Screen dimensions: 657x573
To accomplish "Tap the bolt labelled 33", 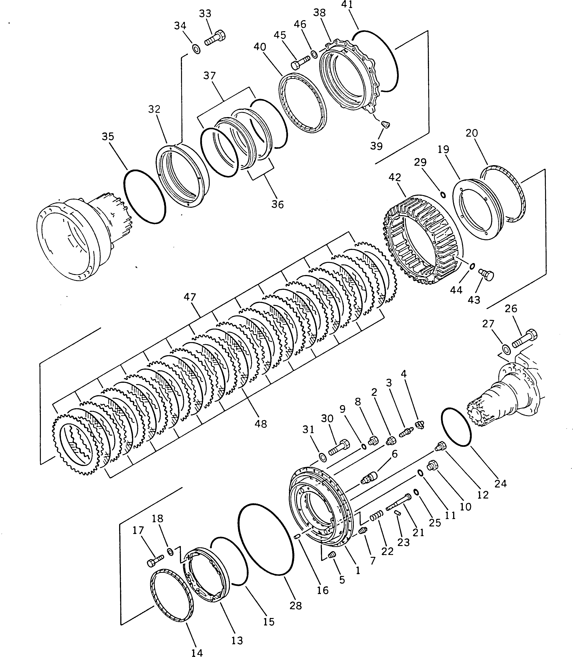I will pyautogui.click(x=215, y=38).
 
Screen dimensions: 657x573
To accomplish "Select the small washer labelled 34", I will pyautogui.click(x=196, y=50).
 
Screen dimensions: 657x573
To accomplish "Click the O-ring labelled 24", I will pyautogui.click(x=456, y=427).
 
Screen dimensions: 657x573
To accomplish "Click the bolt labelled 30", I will pyautogui.click(x=339, y=448).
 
